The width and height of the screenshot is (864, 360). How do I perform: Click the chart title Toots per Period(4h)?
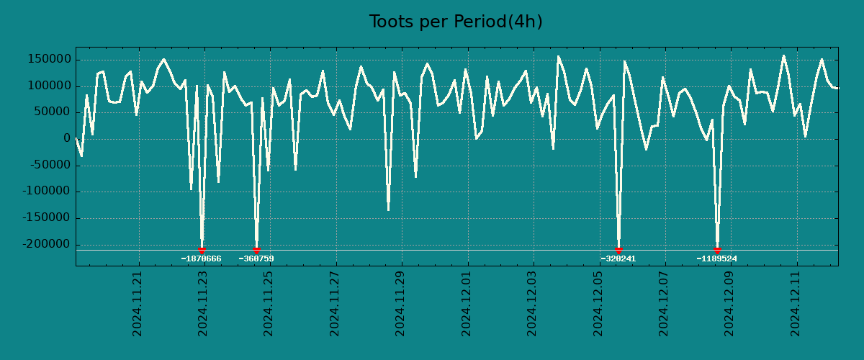[x=456, y=22]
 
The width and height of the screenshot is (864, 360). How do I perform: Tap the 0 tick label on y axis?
[x=66, y=139]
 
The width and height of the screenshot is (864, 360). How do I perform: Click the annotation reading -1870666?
[x=201, y=258]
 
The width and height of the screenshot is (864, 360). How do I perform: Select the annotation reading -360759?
[x=256, y=258]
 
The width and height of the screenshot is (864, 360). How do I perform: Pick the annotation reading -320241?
[x=618, y=258]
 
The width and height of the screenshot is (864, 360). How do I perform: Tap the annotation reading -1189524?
[x=716, y=258]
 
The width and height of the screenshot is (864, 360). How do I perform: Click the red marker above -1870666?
[x=202, y=250]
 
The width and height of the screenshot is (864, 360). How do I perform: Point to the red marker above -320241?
[x=618, y=250]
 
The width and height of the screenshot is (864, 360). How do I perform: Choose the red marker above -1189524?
[x=717, y=250]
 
